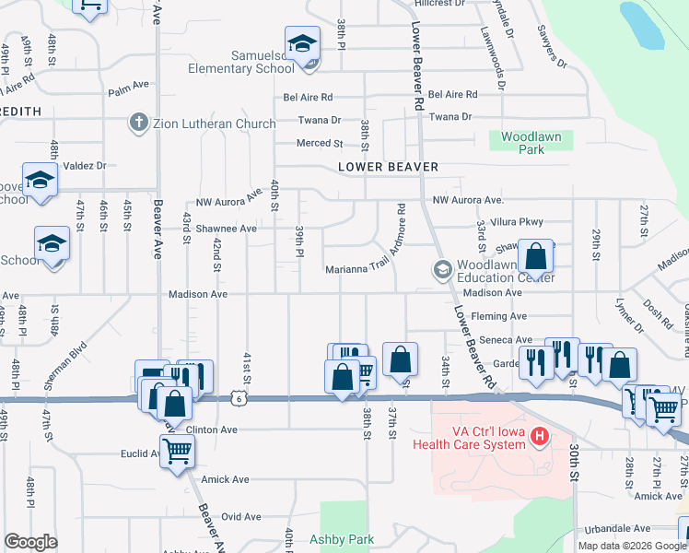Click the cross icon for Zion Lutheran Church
138,123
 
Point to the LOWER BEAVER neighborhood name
387,167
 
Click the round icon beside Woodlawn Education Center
442,269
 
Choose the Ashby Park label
341,539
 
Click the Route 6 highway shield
239,397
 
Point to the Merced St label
319,144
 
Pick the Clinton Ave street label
212,429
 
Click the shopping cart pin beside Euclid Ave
177,452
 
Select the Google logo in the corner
30,542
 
